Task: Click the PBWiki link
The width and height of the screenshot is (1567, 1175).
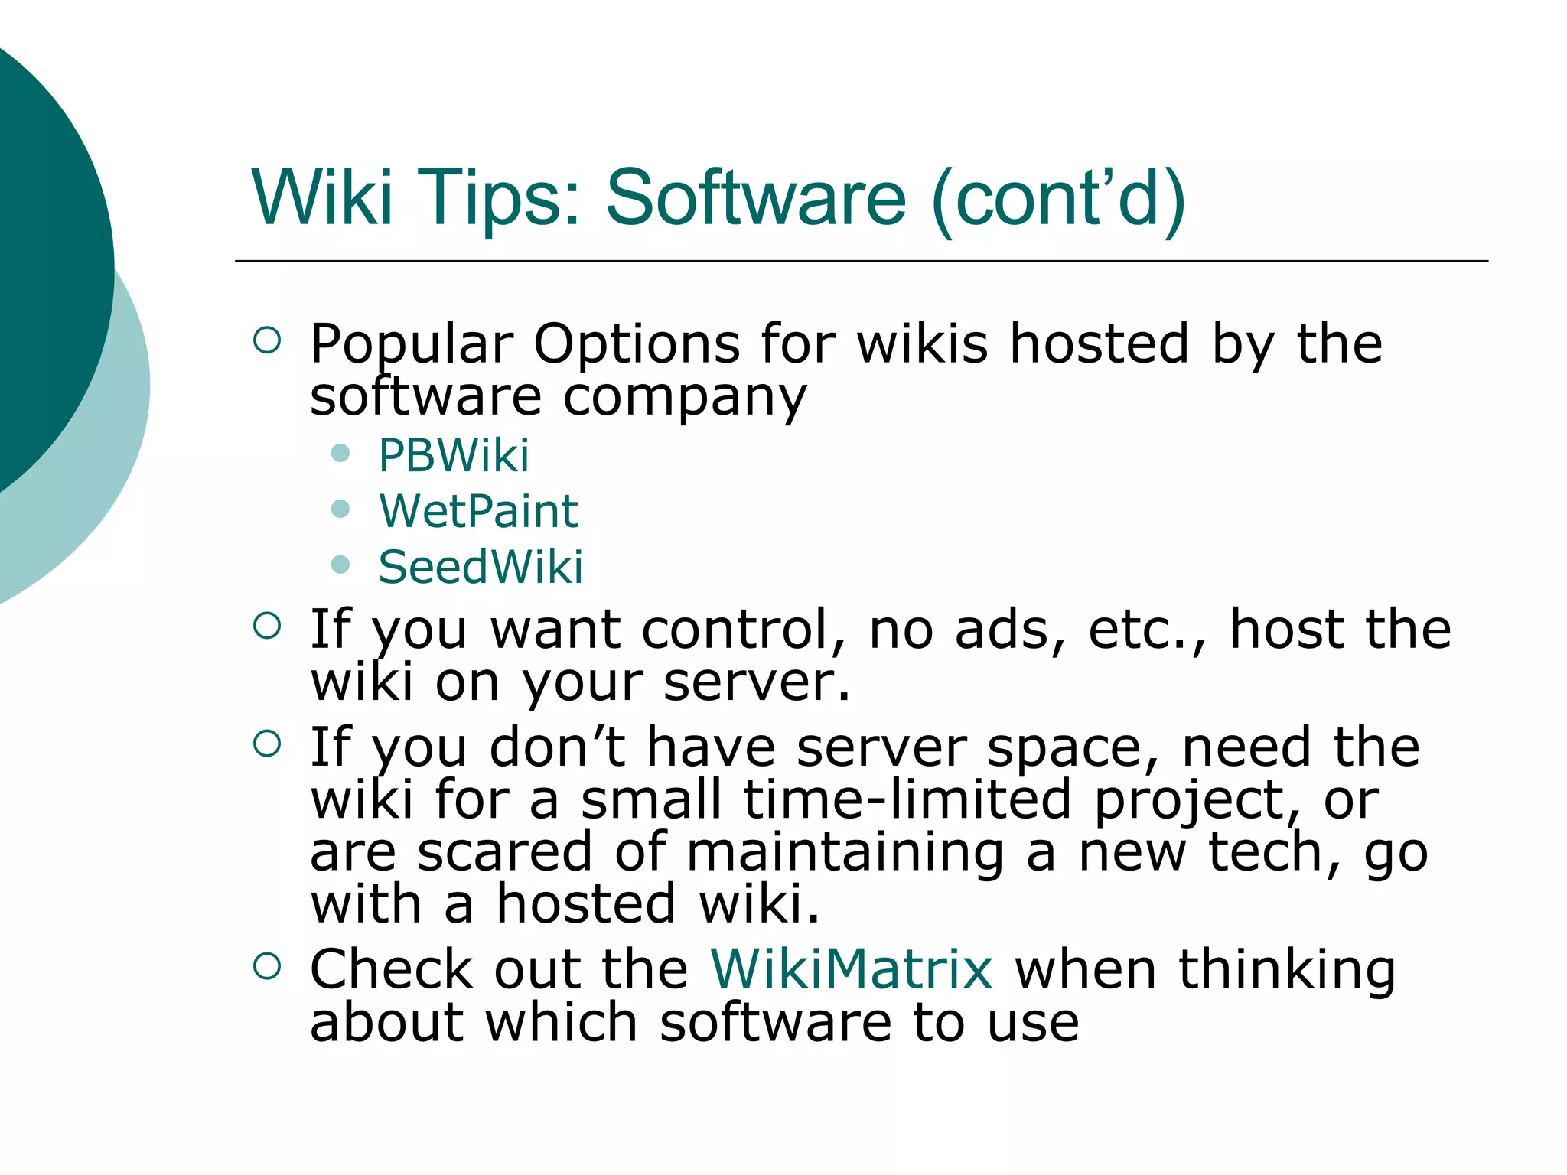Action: [x=453, y=456]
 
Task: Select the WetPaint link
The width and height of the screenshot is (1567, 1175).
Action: [x=478, y=511]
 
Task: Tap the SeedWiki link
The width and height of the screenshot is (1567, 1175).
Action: [x=481, y=567]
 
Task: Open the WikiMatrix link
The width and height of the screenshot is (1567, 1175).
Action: [x=852, y=969]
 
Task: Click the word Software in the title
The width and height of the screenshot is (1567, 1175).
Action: [x=756, y=198]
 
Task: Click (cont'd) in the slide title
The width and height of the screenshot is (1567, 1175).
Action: [x=1059, y=198]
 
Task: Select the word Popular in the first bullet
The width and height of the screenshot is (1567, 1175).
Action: [x=412, y=344]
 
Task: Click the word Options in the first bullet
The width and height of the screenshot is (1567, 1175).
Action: [x=637, y=344]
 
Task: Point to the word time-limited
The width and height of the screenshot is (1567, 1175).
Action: [x=907, y=800]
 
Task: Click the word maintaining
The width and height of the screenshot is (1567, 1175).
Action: [x=845, y=854]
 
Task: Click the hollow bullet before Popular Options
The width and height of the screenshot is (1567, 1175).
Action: [x=267, y=340]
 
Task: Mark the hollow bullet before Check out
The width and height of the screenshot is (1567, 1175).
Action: [x=267, y=966]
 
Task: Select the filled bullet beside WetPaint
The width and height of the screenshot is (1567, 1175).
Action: [x=340, y=509]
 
